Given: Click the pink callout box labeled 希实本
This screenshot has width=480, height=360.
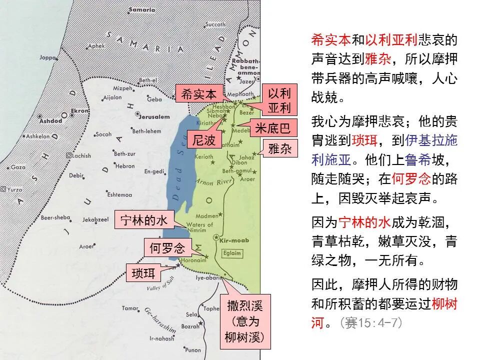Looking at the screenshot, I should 198,93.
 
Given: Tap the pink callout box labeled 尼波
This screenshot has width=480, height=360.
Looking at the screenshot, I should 204,140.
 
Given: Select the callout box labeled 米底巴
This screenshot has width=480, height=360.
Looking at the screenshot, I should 272,128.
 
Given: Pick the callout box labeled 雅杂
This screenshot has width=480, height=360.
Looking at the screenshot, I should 279,148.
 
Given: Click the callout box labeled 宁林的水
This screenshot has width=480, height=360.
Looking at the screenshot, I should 144,220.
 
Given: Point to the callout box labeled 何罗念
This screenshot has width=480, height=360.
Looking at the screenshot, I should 167,247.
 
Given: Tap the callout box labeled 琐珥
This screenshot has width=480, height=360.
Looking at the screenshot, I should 143,273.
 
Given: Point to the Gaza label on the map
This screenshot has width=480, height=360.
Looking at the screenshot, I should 17,167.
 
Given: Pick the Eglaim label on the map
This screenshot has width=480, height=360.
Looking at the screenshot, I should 232,253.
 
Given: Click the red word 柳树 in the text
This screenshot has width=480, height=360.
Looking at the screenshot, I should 444,303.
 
